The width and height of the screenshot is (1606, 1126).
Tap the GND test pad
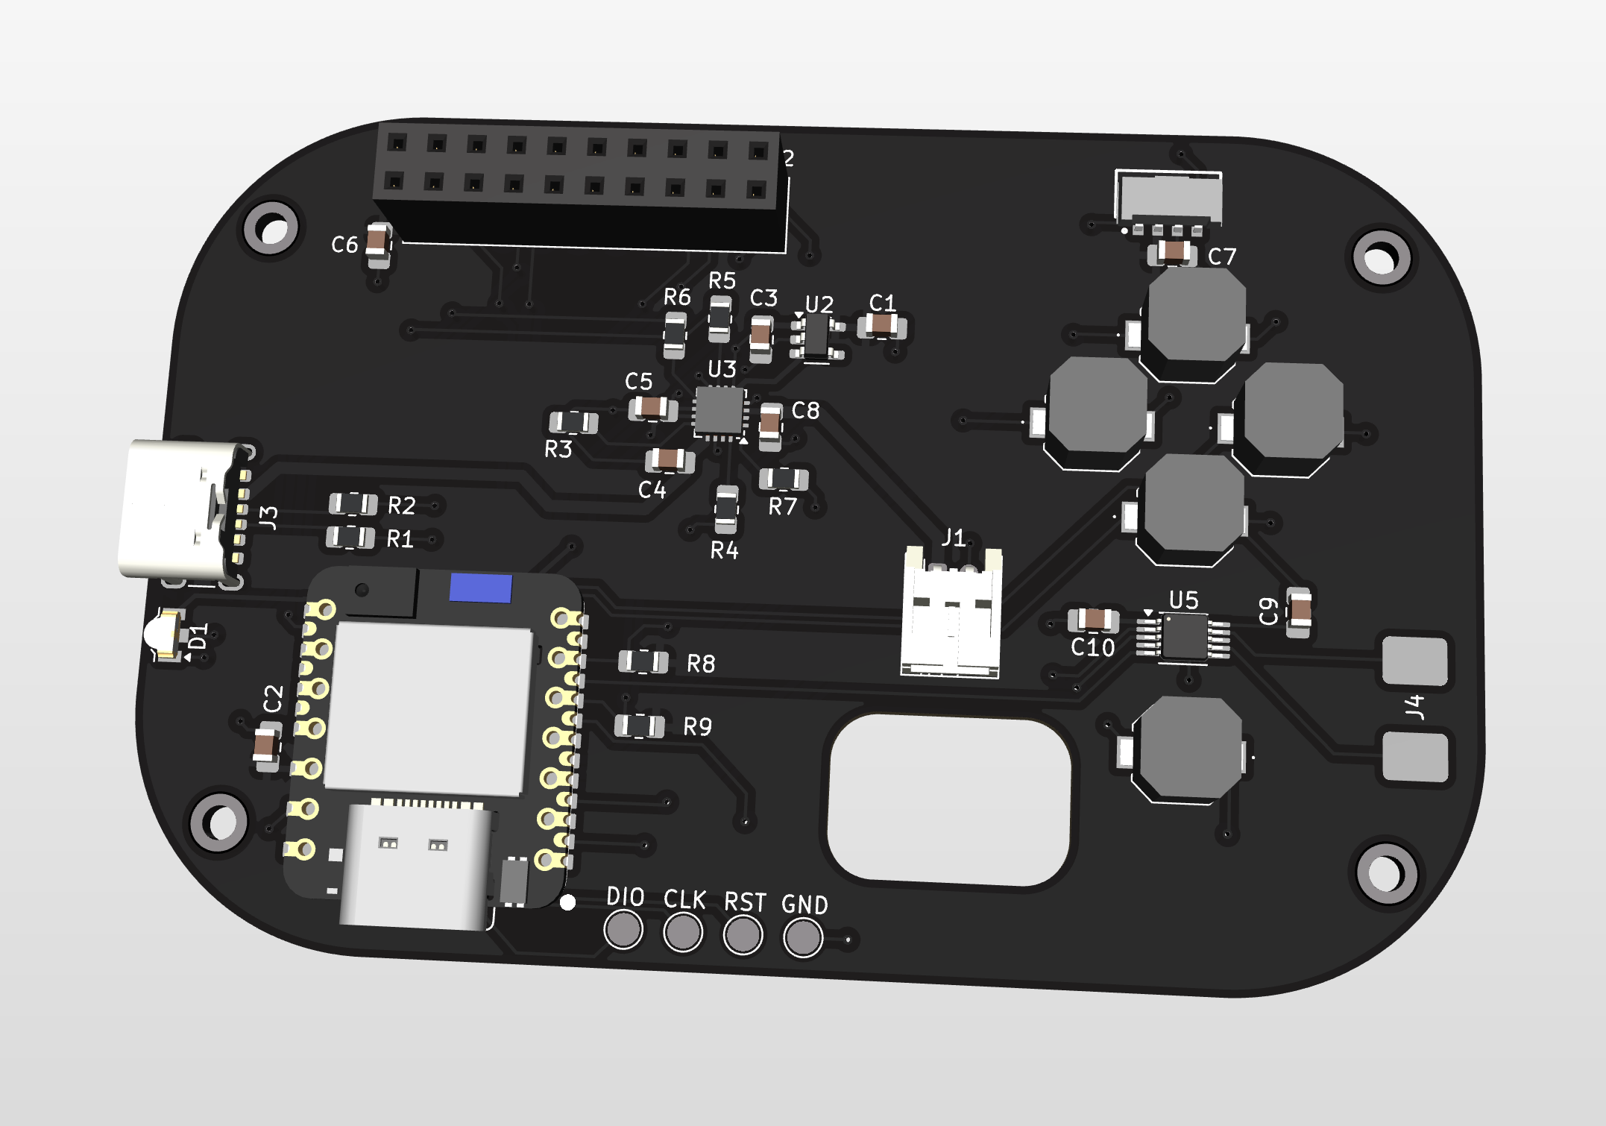(802, 937)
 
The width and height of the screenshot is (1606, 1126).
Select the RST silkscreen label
(745, 902)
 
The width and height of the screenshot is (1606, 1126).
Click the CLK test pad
(683, 932)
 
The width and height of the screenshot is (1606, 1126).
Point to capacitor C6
(379, 243)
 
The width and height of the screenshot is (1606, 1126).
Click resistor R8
(643, 661)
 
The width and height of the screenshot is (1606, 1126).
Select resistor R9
(639, 726)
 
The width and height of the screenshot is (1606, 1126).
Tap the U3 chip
(719, 410)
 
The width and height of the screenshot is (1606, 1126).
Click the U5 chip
(1184, 638)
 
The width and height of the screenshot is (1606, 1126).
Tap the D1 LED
(165, 635)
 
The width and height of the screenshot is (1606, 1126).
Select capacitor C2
(267, 745)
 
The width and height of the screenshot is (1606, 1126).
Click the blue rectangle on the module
(481, 588)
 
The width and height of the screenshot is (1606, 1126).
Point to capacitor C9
(1300, 612)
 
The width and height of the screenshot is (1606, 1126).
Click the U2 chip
(817, 336)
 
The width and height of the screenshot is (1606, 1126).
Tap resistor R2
(353, 504)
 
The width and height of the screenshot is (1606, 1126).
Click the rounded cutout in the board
(948, 800)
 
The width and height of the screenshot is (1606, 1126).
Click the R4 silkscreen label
(724, 551)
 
